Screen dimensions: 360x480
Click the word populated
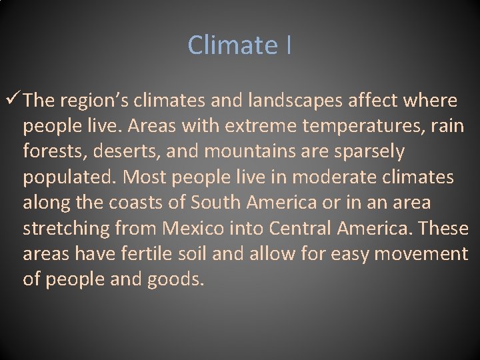70,177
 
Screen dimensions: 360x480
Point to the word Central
301,229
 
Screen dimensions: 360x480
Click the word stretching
67,229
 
